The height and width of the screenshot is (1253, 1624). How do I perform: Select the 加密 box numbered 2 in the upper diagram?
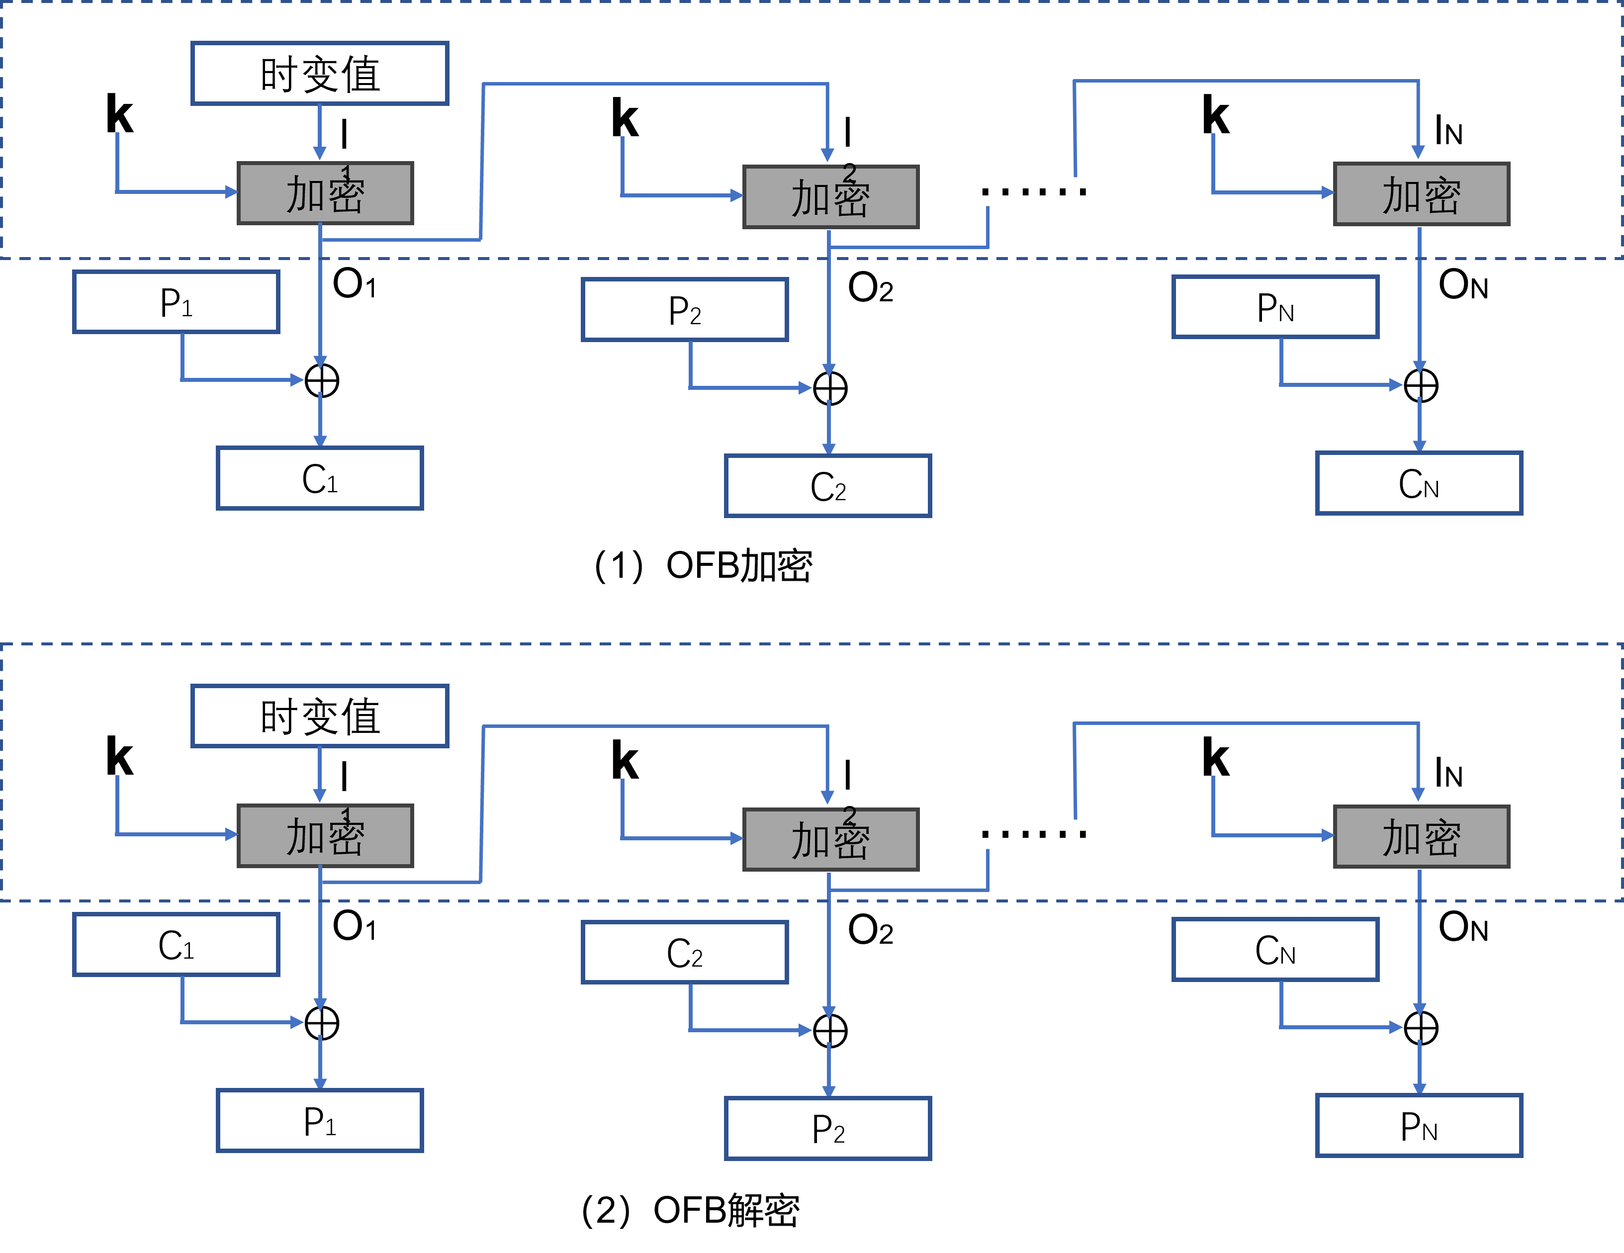click(830, 197)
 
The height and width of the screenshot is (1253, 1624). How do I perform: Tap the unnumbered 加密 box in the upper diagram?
click(1421, 194)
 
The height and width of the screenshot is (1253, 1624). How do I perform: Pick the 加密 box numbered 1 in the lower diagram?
click(325, 836)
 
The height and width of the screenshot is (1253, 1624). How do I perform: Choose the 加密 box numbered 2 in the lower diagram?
click(830, 839)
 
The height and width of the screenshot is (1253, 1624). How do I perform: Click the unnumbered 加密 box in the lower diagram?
click(1421, 836)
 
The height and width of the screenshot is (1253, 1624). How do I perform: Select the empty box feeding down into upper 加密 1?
click(320, 74)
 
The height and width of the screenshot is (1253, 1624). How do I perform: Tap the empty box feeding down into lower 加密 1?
click(320, 716)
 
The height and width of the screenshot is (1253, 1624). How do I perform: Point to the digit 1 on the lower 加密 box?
click(346, 815)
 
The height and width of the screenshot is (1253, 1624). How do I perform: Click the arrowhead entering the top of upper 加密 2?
click(827, 155)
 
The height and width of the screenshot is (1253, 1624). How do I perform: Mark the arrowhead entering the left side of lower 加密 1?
click(231, 834)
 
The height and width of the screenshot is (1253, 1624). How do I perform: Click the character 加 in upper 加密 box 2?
click(811, 198)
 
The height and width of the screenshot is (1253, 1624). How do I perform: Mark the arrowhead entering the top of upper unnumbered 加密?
click(1418, 152)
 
